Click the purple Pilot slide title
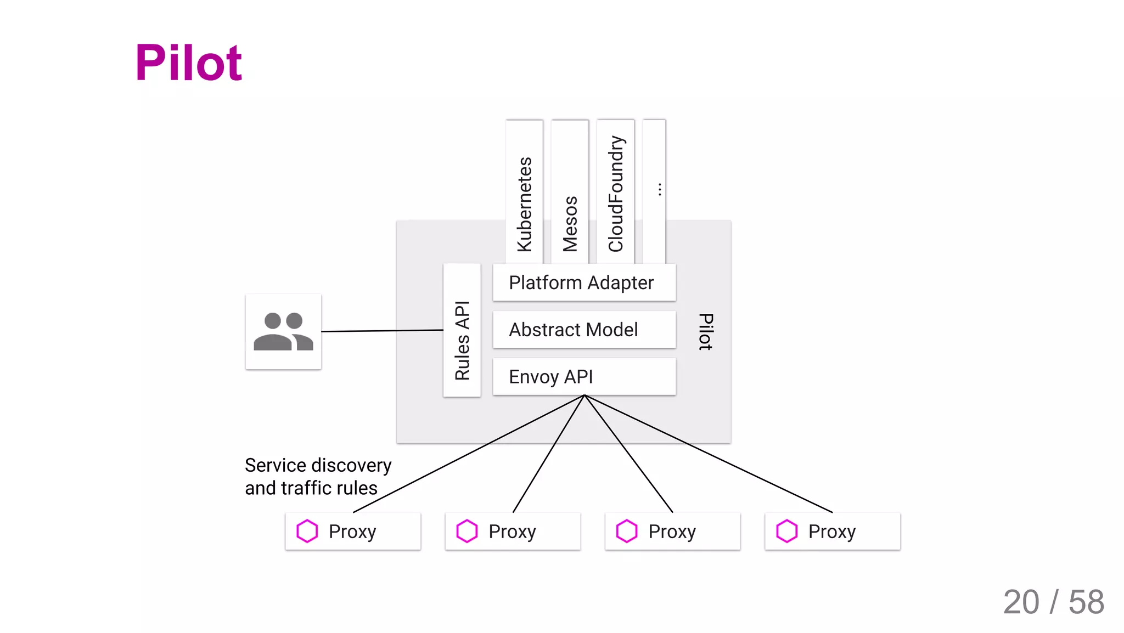pos(188,63)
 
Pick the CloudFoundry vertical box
pos(616,192)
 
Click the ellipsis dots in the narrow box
pos(659,190)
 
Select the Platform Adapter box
pos(583,282)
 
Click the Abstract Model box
pos(583,330)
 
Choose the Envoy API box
pos(583,377)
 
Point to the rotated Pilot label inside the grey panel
pos(706,331)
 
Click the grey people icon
pos(283,332)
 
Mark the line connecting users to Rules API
pos(383,331)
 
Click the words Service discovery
pos(318,465)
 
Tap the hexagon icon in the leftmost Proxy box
pos(307,531)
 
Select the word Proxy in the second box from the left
pos(512,532)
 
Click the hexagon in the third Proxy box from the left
pos(627,531)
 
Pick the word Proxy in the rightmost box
pos(831,532)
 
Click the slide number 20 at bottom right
pos(1021,602)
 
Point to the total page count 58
pos(1086,602)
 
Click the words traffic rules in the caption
pos(329,488)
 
